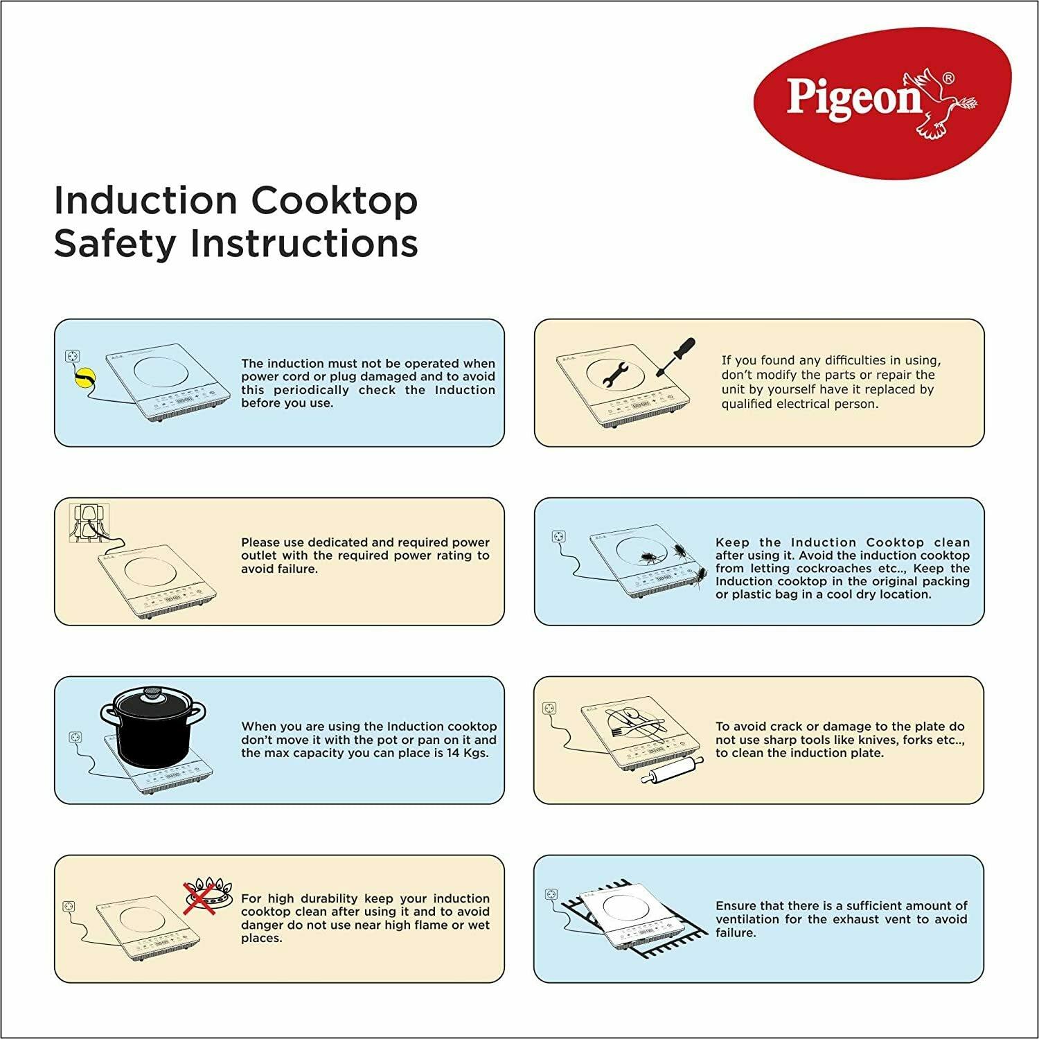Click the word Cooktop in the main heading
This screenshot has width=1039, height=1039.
[335, 201]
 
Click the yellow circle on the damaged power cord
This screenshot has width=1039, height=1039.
[85, 378]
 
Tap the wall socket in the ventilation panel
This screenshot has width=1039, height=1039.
[551, 894]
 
